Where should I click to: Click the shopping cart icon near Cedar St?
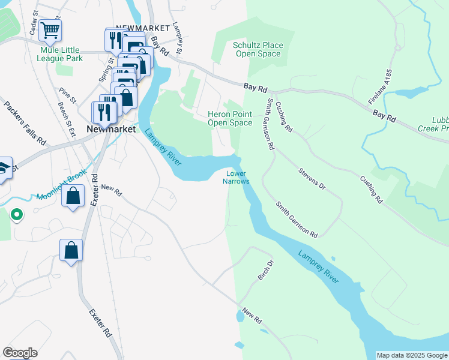pos(50,29)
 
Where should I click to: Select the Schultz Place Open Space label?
pos(258,49)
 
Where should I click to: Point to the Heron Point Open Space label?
pos(229,118)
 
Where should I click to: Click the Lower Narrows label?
pos(235,178)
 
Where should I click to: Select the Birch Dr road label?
pos(265,270)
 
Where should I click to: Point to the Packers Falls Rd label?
pos(25,124)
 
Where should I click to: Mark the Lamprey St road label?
pos(177,37)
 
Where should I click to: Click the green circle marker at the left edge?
pos(16,213)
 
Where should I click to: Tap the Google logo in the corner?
pos(20,353)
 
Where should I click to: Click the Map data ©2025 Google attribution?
pos(412,355)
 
